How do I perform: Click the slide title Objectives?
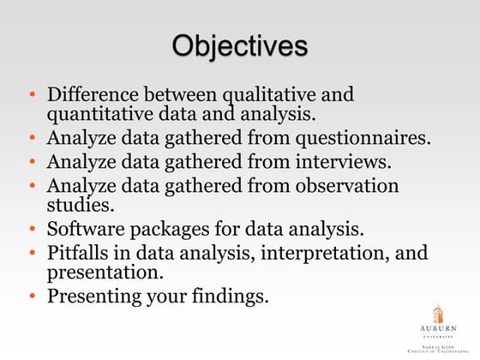coord(239,45)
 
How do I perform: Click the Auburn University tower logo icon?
coord(437,313)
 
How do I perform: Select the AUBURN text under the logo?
coord(437,329)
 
